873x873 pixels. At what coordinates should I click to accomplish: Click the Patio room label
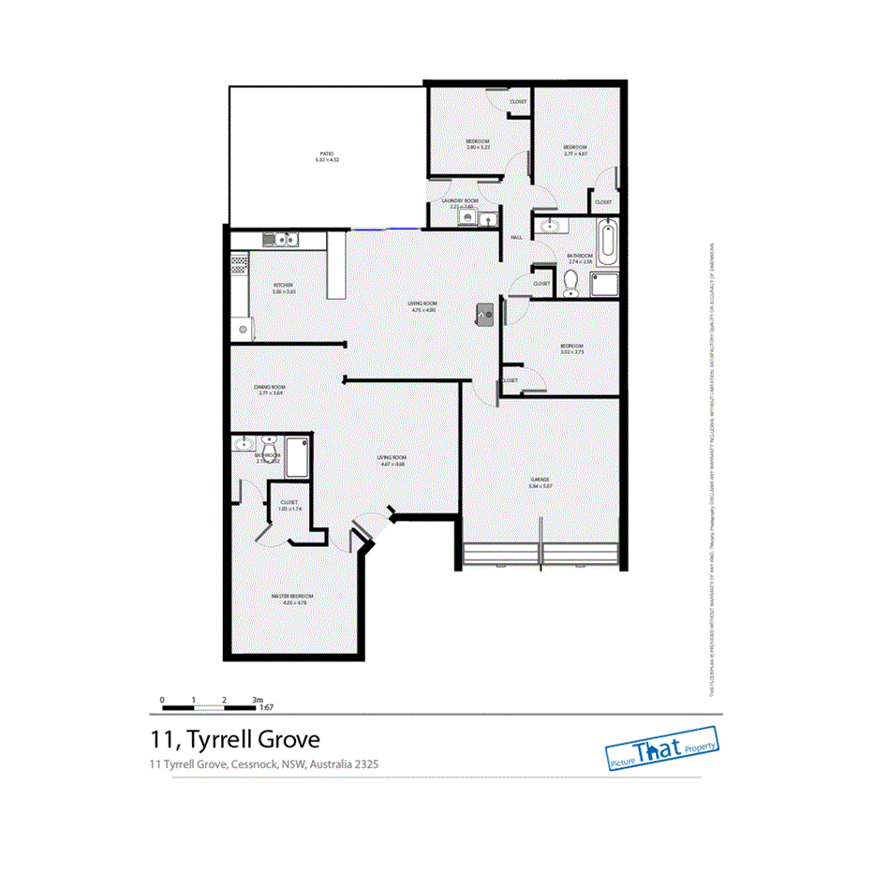(x=326, y=154)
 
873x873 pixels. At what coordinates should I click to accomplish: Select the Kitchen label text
(x=284, y=285)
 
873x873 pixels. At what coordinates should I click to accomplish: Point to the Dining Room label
(x=270, y=387)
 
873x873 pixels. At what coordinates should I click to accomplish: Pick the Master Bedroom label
(x=293, y=596)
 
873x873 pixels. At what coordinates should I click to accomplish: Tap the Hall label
(x=515, y=237)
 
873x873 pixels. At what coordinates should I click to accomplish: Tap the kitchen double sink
(x=281, y=240)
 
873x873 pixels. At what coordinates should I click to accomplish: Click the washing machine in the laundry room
(x=467, y=218)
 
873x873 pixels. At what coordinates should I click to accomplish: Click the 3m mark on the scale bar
(x=257, y=700)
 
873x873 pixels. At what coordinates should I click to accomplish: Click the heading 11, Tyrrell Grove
(x=235, y=739)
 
